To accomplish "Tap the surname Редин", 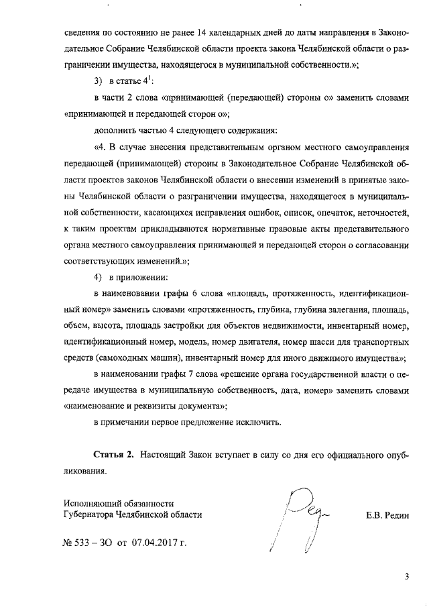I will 394,515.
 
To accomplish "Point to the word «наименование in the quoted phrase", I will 93,406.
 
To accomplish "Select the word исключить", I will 259,423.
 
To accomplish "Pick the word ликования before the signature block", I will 85,471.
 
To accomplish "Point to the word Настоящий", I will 171,455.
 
